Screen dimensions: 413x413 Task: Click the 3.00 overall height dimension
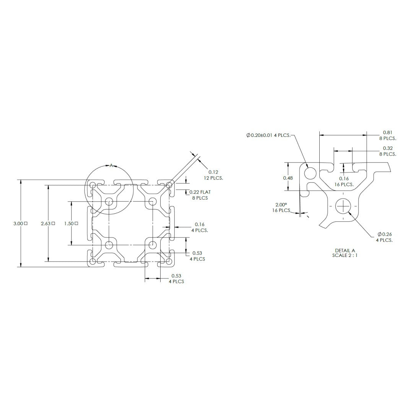[18, 224]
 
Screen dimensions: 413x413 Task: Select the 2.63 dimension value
[46, 224]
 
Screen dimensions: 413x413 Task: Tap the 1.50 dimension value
[69, 224]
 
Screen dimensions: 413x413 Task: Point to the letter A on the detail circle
[111, 166]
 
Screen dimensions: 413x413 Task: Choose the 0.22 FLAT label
[200, 192]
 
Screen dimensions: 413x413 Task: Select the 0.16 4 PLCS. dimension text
[200, 227]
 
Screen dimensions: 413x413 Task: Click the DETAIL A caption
[345, 250]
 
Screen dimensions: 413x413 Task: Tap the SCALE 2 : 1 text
[345, 255]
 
